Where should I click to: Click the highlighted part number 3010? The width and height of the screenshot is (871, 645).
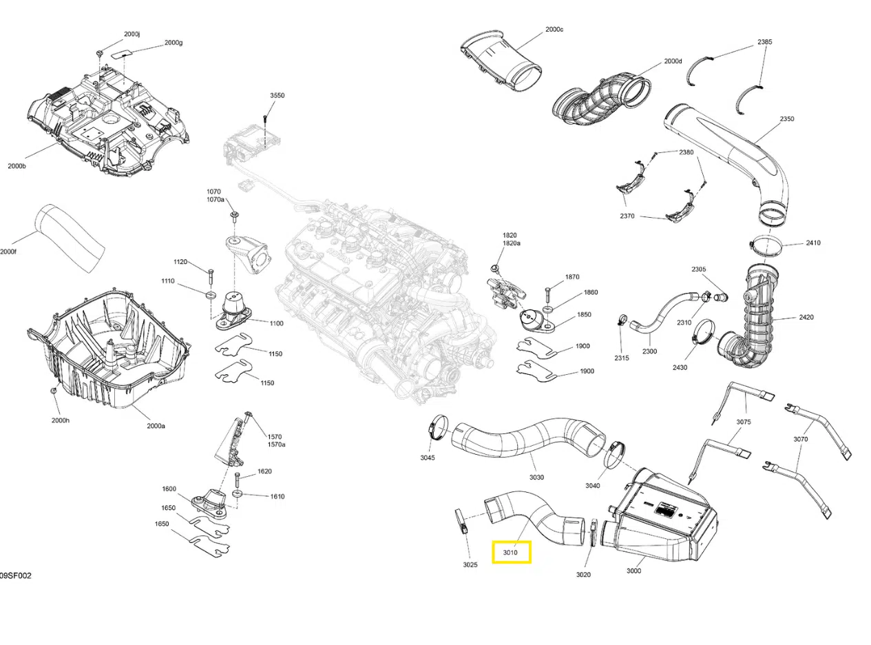pos(510,553)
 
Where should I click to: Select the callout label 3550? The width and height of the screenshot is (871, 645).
pos(277,95)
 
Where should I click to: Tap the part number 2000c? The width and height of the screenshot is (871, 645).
pos(554,30)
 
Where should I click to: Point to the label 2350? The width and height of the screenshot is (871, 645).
pos(787,119)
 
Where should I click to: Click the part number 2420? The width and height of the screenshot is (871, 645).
pos(806,317)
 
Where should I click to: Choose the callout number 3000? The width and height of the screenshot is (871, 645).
pos(633,570)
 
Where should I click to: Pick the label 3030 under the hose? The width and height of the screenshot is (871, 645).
pos(536,477)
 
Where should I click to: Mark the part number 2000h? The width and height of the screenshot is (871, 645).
pos(60,420)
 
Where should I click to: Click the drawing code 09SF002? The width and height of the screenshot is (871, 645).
pos(15,575)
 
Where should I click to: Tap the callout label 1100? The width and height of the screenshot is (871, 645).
pos(276,323)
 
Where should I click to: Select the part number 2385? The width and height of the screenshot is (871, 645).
pos(765,41)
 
